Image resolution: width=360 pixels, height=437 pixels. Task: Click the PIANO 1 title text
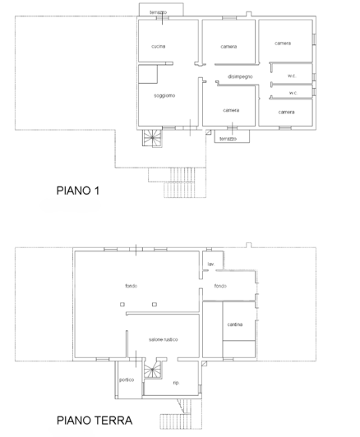click(x=77, y=191)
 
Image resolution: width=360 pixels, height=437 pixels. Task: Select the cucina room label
click(x=158, y=47)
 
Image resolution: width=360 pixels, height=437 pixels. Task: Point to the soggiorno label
click(x=164, y=96)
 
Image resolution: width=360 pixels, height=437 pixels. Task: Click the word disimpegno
click(x=240, y=76)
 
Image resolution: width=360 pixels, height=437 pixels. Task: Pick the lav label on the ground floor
click(x=210, y=264)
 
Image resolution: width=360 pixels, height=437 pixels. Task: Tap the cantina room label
click(x=234, y=325)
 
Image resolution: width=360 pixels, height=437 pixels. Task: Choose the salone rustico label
click(x=164, y=339)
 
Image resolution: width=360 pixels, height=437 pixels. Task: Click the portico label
click(x=126, y=380)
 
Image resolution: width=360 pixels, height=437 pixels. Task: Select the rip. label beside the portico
click(x=176, y=383)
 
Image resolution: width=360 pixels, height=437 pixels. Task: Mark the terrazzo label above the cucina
click(x=159, y=12)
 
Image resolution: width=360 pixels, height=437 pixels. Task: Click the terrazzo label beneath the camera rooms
click(x=228, y=139)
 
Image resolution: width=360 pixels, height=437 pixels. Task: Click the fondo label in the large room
click(x=131, y=286)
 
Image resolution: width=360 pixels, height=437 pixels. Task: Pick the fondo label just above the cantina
click(x=220, y=286)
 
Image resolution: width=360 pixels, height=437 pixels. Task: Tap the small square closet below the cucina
click(x=149, y=75)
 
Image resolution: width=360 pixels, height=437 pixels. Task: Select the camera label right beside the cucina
click(x=228, y=47)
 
